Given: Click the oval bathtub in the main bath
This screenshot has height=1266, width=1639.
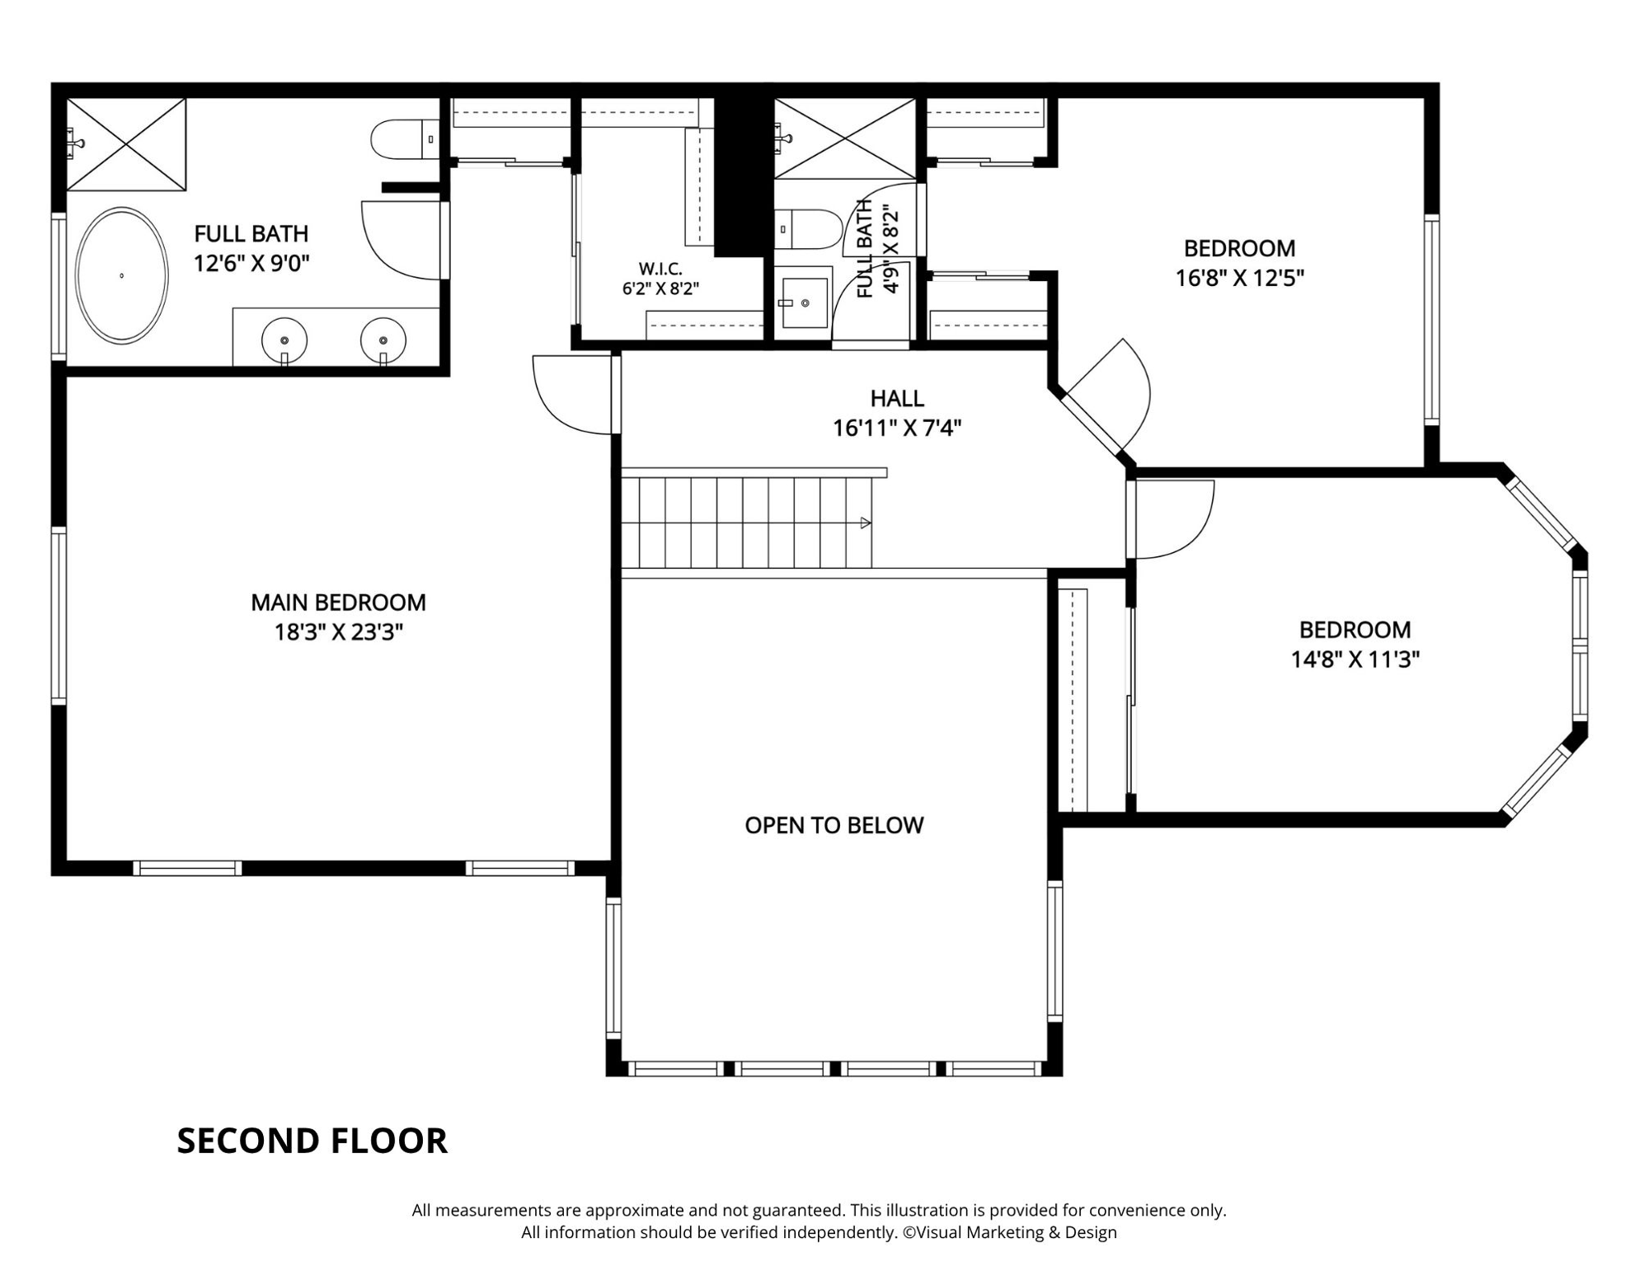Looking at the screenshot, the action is point(122,275).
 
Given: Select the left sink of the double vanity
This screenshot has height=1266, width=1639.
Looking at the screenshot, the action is point(284,340).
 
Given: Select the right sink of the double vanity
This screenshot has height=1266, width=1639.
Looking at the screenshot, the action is point(383,340).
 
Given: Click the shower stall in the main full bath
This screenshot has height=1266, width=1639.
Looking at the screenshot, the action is point(126,145).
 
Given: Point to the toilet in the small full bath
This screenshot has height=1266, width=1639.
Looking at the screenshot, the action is point(807,229).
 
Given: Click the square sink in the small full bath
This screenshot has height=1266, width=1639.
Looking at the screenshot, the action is point(804,302).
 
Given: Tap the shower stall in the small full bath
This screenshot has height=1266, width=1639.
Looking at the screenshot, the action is point(845,138).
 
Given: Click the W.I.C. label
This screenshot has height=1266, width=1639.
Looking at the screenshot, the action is point(660,269).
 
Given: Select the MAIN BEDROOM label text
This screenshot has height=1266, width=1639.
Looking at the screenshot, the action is point(338,603).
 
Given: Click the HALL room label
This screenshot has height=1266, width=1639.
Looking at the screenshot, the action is point(897,399).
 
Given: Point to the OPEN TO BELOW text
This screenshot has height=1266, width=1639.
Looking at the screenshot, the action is point(834,825).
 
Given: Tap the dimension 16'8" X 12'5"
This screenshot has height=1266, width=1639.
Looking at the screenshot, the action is point(1239,278).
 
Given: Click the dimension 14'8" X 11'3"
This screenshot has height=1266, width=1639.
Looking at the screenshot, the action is point(1355,659).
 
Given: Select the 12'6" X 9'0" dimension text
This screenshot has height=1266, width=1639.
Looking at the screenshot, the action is point(251,264).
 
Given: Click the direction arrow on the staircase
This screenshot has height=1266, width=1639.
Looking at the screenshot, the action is point(866,523).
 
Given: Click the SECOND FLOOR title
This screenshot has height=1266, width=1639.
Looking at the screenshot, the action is point(312,1141).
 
